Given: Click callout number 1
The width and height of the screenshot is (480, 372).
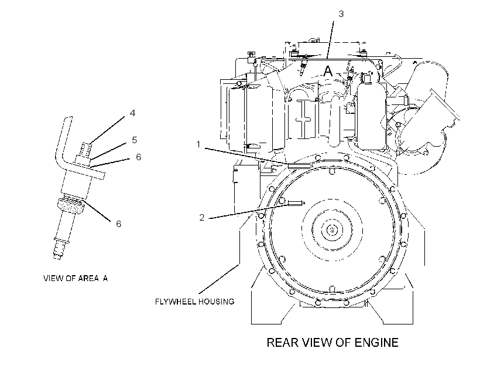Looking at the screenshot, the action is click(x=198, y=144).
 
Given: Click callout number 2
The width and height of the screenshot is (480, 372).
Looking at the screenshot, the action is click(x=202, y=217).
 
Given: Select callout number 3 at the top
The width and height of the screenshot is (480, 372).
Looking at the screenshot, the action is click(x=341, y=14).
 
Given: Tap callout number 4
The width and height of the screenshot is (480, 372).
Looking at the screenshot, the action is click(x=132, y=113).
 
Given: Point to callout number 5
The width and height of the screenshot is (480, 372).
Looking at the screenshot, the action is click(x=135, y=140).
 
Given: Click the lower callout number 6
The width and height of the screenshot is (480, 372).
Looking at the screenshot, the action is click(x=118, y=224).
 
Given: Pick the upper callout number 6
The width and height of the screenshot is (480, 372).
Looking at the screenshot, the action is click(x=138, y=157).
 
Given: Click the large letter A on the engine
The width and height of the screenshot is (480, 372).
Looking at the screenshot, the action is click(x=328, y=71).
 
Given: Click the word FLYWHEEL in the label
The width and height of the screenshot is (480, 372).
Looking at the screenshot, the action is click(x=176, y=302).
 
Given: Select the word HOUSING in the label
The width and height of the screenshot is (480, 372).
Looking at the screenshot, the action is click(x=216, y=302).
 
